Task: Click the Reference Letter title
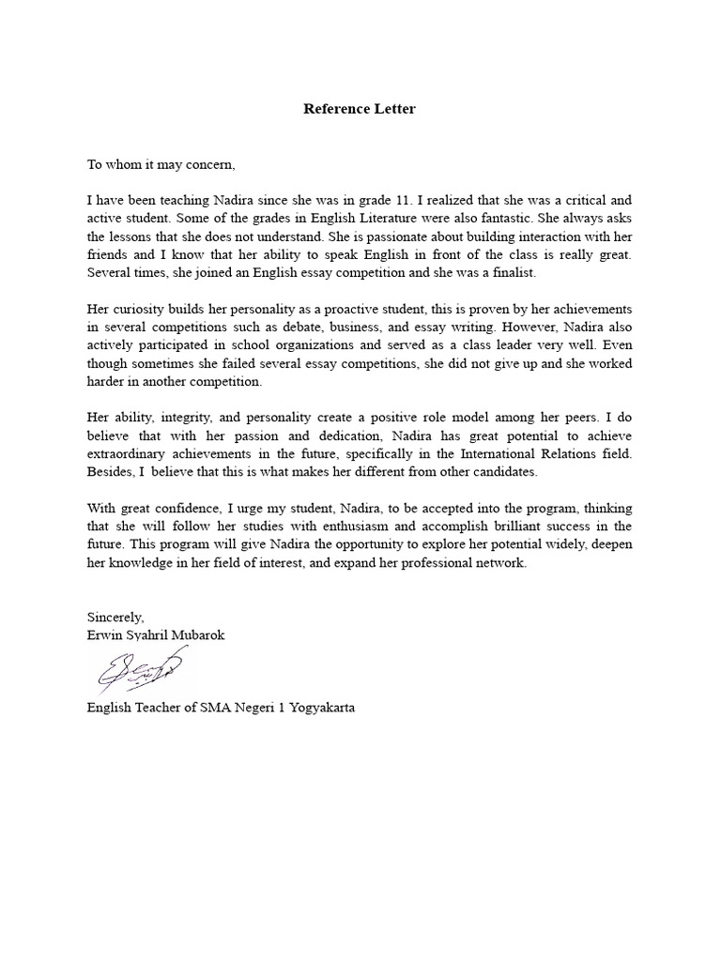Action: pos(360,109)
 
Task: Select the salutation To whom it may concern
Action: pos(161,164)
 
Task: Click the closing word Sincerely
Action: pos(115,617)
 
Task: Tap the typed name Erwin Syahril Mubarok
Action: pos(156,635)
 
